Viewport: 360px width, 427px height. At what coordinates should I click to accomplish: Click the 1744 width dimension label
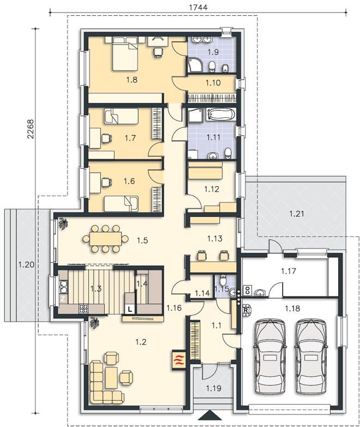[x=198, y=7]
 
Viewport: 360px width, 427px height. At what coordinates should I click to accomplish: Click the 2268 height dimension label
[x=31, y=129]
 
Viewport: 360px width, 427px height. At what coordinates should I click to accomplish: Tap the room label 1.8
[x=131, y=80]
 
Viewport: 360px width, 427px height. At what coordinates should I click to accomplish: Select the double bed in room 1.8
[x=125, y=54]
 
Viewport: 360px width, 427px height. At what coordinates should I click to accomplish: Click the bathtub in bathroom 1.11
[x=221, y=114]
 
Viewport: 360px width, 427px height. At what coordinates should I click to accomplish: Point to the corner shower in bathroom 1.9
[x=195, y=64]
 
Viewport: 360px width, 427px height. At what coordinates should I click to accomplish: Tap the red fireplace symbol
[x=178, y=359]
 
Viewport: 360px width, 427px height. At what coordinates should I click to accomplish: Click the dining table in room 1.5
[x=106, y=239]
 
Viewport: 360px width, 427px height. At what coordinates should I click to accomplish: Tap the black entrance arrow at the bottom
[x=209, y=416]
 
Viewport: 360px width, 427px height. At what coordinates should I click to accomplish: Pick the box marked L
[x=130, y=309]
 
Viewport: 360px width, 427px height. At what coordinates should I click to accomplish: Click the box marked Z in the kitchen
[x=63, y=299]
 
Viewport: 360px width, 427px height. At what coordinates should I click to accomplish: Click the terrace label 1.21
[x=297, y=213]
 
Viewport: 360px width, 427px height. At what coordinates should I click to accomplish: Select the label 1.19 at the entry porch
[x=214, y=388]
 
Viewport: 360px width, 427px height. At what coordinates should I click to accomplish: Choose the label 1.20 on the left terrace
[x=26, y=264]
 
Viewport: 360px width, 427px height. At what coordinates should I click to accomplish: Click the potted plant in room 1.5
[x=64, y=223]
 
